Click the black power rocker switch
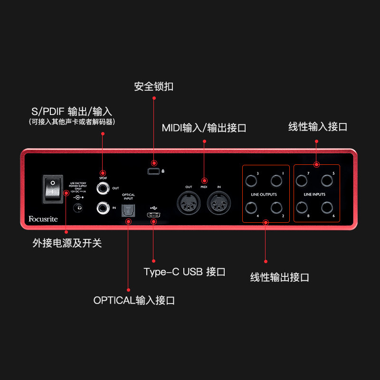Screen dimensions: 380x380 53,188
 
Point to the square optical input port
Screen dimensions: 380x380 128,208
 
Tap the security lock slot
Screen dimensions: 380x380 153,171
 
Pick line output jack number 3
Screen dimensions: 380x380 251,181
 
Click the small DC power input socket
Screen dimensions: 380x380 78,207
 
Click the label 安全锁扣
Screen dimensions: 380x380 153,86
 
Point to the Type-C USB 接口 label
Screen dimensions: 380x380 184,272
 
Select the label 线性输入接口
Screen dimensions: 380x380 318,127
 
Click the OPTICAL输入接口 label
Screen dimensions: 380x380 134,300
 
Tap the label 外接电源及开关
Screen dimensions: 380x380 67,243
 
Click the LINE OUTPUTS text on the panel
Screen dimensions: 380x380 264,194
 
